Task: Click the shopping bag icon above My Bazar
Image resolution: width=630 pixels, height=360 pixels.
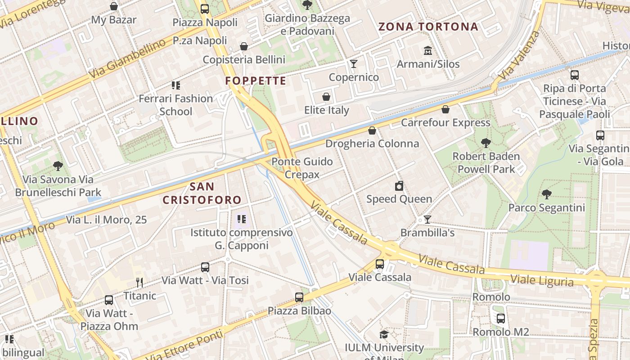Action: (x=114, y=6)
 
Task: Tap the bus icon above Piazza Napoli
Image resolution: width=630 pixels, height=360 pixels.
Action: (x=205, y=9)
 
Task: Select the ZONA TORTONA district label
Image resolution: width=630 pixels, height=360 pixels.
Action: (x=428, y=27)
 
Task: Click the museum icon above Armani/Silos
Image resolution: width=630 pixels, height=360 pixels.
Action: (x=427, y=50)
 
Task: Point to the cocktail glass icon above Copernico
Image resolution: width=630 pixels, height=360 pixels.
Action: (x=354, y=63)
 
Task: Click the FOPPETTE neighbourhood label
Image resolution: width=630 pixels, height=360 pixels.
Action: (x=256, y=81)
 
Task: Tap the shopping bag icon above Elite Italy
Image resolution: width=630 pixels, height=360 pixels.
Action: (x=326, y=97)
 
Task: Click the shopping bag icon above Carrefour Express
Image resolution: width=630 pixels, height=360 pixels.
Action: (x=445, y=109)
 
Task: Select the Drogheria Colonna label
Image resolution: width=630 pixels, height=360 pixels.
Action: (x=372, y=144)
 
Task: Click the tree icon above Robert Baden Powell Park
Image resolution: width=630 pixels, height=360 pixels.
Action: (x=486, y=143)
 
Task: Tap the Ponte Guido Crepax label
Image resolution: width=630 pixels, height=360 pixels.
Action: (x=302, y=168)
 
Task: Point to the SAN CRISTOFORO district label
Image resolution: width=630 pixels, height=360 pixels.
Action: (x=202, y=193)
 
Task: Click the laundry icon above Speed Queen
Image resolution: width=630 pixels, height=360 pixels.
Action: (x=399, y=186)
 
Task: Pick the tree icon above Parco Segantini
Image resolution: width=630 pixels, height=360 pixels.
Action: (x=546, y=194)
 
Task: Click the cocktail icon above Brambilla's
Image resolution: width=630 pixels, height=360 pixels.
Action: (x=427, y=220)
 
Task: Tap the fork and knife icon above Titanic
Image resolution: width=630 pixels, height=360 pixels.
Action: (x=139, y=283)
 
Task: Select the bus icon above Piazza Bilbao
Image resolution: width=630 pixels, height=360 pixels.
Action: (x=299, y=297)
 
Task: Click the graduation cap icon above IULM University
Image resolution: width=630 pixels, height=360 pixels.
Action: (x=384, y=334)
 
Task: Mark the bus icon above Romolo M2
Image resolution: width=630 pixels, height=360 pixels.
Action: (x=500, y=319)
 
